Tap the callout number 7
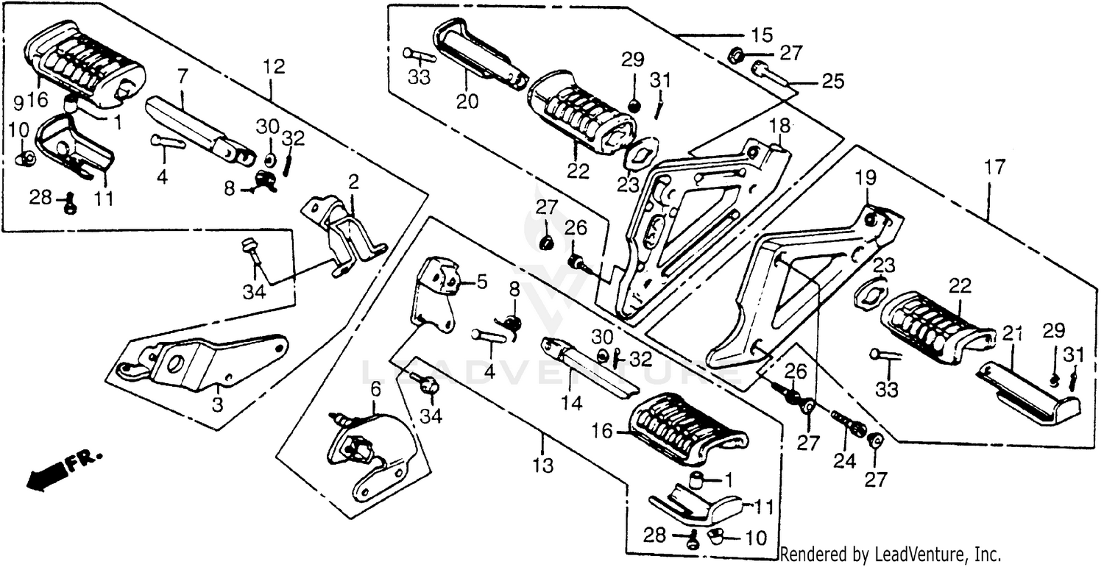pos(183,75)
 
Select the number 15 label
pos(762,35)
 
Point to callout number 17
pos(993,168)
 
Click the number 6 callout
pos(375,388)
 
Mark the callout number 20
pos(466,102)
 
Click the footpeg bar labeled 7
pos(195,129)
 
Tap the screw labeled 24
pos(850,424)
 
